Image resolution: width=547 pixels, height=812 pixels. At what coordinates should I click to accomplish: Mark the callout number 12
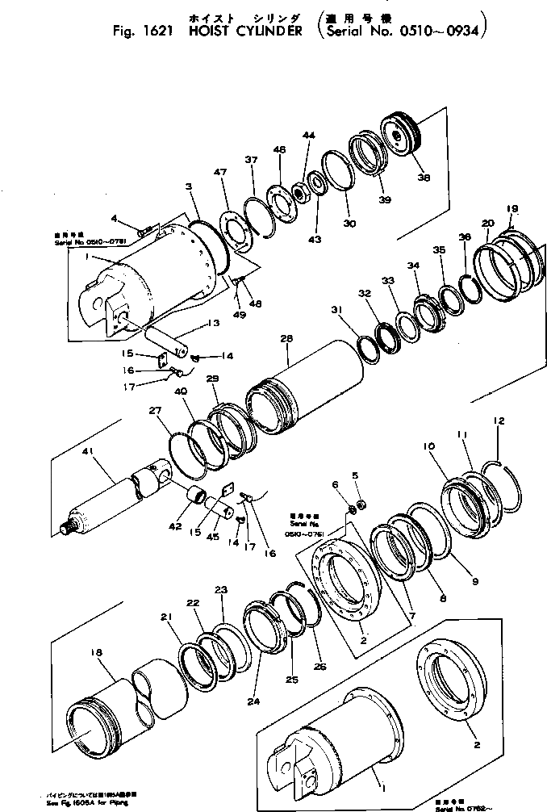coord(499,421)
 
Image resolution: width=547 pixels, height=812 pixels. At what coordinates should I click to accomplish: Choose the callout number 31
coord(336,309)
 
